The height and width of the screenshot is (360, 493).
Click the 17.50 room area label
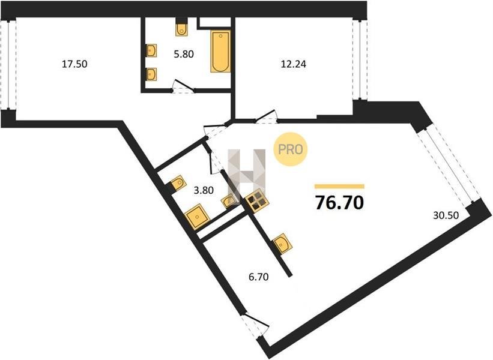[74, 64]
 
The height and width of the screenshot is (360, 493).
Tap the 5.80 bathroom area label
[184, 54]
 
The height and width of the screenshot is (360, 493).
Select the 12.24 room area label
[294, 64]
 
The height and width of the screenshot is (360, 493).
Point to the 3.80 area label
[204, 190]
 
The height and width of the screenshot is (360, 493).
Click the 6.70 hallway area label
[258, 277]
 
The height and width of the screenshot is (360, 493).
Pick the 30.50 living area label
[446, 215]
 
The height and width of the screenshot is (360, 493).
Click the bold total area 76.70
[339, 203]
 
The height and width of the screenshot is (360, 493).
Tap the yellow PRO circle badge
[290, 149]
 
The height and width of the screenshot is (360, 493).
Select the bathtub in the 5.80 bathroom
[220, 52]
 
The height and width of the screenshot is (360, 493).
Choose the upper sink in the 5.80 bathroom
[151, 50]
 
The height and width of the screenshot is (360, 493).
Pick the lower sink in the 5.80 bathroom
[151, 74]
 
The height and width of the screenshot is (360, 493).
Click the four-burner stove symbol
[257, 201]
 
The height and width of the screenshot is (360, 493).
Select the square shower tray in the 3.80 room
[198, 217]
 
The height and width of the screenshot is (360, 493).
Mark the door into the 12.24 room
[266, 116]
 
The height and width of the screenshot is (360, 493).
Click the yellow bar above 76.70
[339, 186]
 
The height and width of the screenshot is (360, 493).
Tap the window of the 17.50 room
[8, 64]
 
